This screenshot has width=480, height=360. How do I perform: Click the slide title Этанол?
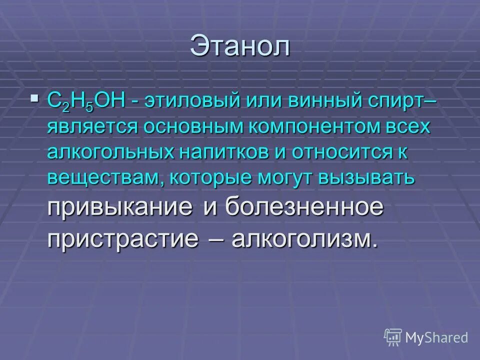point(239,47)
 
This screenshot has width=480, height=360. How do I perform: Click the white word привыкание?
point(120,206)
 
